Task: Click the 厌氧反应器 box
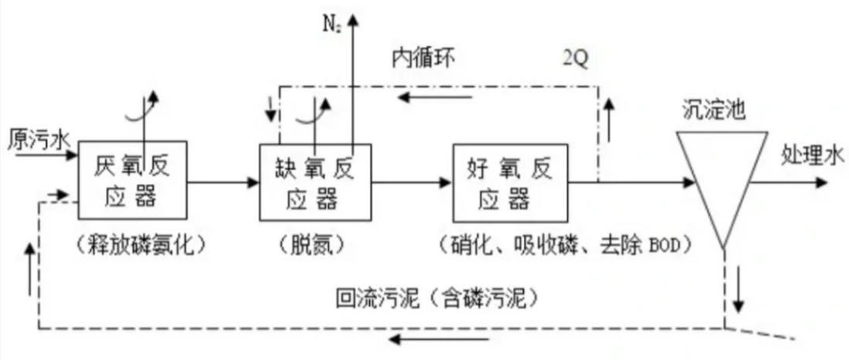click(132, 182)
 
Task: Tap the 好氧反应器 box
click(510, 184)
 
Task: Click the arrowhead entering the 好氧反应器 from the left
click(445, 183)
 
